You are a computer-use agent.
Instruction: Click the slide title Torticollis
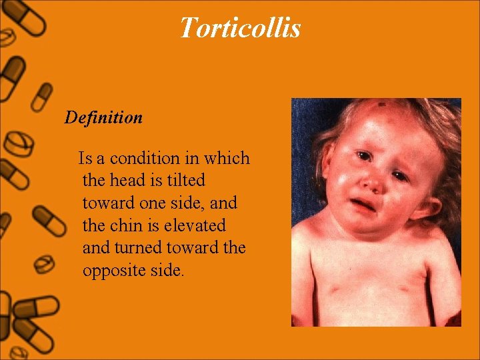[240, 27]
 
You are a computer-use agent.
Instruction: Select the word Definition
[103, 118]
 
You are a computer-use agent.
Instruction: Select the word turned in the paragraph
[137, 248]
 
